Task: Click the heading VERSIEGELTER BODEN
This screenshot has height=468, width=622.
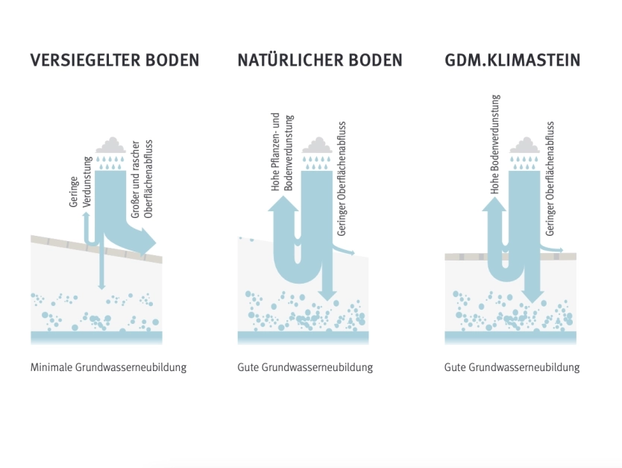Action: [x=115, y=60]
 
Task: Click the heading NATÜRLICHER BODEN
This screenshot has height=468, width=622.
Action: [x=320, y=60]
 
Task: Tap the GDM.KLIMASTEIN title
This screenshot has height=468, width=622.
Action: [x=512, y=60]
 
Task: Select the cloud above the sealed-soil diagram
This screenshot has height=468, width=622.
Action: [x=110, y=145]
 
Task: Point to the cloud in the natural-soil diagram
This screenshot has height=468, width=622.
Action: [x=317, y=145]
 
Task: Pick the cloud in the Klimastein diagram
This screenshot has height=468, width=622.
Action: [x=524, y=145]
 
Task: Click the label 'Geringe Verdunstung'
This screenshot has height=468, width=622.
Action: [x=81, y=182]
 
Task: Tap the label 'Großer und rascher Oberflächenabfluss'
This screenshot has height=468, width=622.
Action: [x=142, y=179]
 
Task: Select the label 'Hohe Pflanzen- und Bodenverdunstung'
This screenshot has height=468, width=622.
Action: [x=282, y=152]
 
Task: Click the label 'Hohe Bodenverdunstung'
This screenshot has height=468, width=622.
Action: [x=495, y=144]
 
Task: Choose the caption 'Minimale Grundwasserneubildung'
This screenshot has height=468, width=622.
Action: [x=108, y=367]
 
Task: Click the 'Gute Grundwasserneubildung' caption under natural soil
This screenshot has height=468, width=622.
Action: [x=305, y=367]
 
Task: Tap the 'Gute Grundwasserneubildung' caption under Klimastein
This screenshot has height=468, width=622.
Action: [x=512, y=367]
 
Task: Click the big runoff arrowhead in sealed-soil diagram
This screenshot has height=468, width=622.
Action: [x=148, y=242]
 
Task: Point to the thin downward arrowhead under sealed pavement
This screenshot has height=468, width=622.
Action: [x=102, y=286]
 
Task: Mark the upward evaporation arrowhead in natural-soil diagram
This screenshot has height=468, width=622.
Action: [x=283, y=204]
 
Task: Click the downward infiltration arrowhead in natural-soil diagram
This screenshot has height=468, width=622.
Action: [x=327, y=296]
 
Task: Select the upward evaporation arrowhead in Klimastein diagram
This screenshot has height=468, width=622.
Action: [x=494, y=204]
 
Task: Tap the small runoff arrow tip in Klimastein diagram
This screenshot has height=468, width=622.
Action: [x=561, y=250]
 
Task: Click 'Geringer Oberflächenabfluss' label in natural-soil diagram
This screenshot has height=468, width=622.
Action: [x=342, y=178]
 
